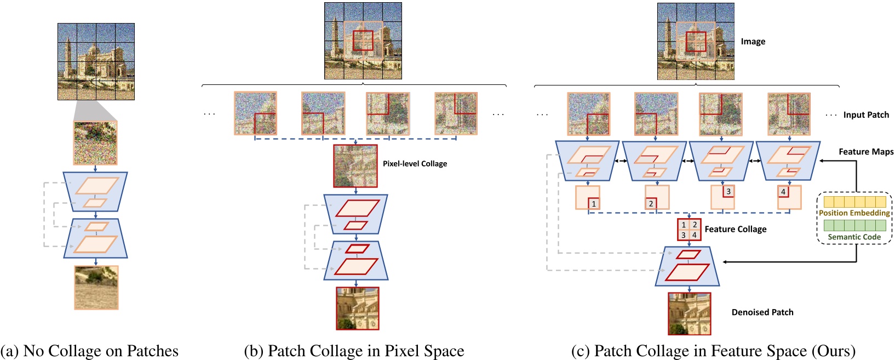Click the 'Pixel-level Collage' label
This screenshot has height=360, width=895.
click(x=415, y=163)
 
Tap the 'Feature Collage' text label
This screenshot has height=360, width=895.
click(x=735, y=229)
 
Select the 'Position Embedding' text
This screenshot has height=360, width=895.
click(x=854, y=213)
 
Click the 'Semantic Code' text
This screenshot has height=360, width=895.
click(x=854, y=237)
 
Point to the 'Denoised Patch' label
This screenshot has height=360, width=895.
click(x=762, y=312)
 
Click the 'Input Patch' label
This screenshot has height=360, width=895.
click(x=865, y=115)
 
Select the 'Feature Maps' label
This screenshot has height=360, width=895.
click(x=865, y=152)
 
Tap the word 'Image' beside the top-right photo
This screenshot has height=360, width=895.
click(x=753, y=42)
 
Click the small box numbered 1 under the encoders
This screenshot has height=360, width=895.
click(x=593, y=204)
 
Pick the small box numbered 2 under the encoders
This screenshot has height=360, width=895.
click(x=651, y=203)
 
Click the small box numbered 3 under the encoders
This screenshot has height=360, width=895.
click(x=728, y=191)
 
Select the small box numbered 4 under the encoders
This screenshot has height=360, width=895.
click(x=783, y=191)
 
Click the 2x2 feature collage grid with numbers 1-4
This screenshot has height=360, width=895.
click(x=689, y=230)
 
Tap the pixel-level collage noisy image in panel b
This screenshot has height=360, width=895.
click(x=355, y=166)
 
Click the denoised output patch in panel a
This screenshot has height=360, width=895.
click(x=96, y=288)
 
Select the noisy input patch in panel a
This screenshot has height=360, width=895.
click(x=95, y=143)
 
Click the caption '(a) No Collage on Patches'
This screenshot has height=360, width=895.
click(x=89, y=351)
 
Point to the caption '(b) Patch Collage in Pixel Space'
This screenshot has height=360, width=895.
click(x=354, y=351)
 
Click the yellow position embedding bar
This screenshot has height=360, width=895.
click(x=854, y=202)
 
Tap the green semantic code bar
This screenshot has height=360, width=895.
click(x=854, y=225)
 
